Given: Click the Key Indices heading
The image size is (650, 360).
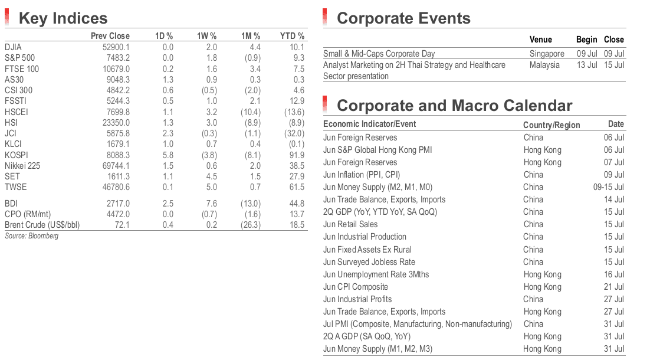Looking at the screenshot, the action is [x=63, y=18].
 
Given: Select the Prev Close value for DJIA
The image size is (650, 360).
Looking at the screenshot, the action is [x=116, y=47].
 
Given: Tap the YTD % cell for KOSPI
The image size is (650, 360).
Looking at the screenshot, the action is [x=297, y=155].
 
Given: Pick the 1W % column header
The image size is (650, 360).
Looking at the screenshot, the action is [x=206, y=36].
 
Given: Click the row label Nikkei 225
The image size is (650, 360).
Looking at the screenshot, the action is [x=22, y=166].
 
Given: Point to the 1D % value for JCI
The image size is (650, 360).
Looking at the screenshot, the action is [x=168, y=133].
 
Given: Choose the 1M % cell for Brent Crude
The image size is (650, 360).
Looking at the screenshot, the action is [x=250, y=225].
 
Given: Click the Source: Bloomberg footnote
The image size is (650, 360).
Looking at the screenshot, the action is [x=31, y=236].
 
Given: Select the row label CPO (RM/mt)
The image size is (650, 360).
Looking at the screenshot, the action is [x=28, y=214].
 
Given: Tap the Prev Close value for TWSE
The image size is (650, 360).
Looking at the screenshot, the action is [x=116, y=187].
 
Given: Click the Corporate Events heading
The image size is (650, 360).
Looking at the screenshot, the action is [x=403, y=18].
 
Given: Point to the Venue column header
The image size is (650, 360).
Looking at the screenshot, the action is [x=540, y=40].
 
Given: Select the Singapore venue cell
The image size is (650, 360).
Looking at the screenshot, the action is [x=547, y=54].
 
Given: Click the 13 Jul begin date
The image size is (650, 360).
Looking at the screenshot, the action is [x=587, y=65].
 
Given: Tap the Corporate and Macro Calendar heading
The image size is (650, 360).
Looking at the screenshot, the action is [x=454, y=106].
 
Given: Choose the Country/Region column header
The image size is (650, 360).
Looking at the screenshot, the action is [x=551, y=125].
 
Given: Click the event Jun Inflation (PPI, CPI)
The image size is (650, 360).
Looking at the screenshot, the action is [x=362, y=175].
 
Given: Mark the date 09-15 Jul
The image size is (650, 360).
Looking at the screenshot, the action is [x=609, y=187].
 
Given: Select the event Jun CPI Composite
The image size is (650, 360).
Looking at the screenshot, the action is [x=356, y=287].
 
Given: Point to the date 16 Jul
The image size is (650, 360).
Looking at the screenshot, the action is [x=615, y=274].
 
